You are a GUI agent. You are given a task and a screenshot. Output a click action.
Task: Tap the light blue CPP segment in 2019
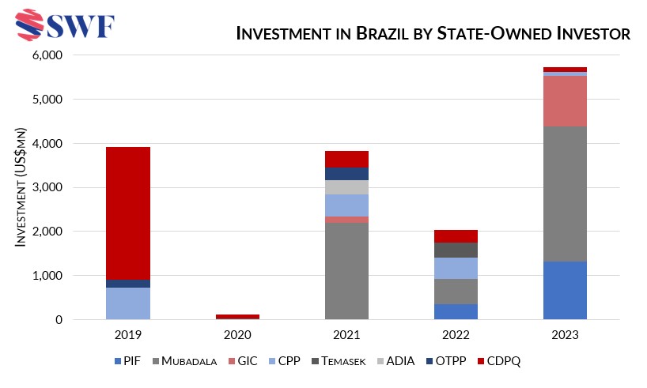pyautogui.click(x=128, y=303)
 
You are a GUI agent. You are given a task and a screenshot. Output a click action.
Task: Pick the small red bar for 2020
pyautogui.click(x=237, y=316)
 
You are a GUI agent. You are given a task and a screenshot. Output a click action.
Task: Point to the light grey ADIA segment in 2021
pyautogui.click(x=346, y=187)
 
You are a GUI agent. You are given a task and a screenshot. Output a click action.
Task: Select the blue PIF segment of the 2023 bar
pyautogui.click(x=565, y=290)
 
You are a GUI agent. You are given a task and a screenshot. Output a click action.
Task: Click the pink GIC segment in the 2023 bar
pyautogui.click(x=565, y=101)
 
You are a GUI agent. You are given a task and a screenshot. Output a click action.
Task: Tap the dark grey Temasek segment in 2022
pyautogui.click(x=456, y=250)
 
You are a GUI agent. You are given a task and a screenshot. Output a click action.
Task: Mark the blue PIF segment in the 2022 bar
pyautogui.click(x=456, y=311)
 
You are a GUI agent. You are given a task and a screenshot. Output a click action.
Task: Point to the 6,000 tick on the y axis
pyautogui.click(x=47, y=56)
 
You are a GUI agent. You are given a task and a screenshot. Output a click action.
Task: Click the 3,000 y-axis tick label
pyautogui.click(x=47, y=188)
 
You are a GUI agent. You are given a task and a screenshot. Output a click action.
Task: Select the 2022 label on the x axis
pyautogui.click(x=456, y=335)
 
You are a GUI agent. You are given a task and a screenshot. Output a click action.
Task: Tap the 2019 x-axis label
pyautogui.click(x=128, y=335)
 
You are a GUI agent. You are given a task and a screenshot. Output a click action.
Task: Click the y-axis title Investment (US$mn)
pyautogui.click(x=22, y=187)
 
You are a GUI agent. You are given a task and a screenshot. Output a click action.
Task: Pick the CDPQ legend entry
pyautogui.click(x=501, y=361)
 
